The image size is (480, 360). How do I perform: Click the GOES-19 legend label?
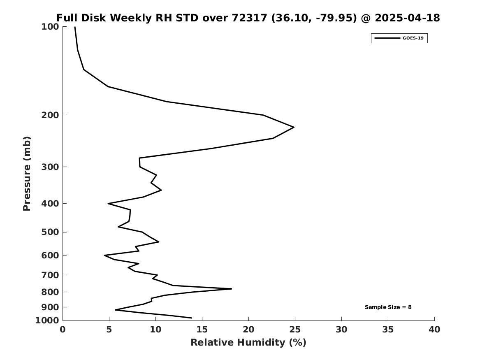[x=413, y=38]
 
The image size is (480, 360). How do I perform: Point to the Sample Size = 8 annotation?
[x=388, y=307]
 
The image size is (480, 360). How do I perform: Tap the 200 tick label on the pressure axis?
[x=50, y=115]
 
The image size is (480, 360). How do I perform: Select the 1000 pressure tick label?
[x=47, y=321]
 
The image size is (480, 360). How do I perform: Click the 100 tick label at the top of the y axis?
[x=50, y=27]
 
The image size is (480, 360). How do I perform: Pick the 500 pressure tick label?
[x=50, y=232]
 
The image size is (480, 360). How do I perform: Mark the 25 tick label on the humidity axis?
[x=295, y=330]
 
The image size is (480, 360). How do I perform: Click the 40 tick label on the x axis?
[x=434, y=330]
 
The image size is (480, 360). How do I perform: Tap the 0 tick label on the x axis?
[x=63, y=330]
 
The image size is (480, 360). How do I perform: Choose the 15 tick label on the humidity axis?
[x=202, y=330]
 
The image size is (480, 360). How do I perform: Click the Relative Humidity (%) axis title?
[x=248, y=342]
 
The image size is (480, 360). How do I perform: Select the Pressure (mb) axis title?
[x=27, y=174]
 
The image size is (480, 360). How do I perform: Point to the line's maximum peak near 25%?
[x=294, y=127]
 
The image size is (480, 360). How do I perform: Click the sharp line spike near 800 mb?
[x=231, y=289]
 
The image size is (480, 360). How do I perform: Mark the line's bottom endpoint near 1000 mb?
[x=191, y=318]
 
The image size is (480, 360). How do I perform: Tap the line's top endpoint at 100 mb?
[x=75, y=27]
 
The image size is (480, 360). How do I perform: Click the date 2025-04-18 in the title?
[x=408, y=18]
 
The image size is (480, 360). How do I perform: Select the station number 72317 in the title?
[x=250, y=18]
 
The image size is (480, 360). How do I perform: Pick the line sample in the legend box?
[x=387, y=38]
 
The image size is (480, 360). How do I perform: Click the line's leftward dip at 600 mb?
[x=105, y=255]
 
